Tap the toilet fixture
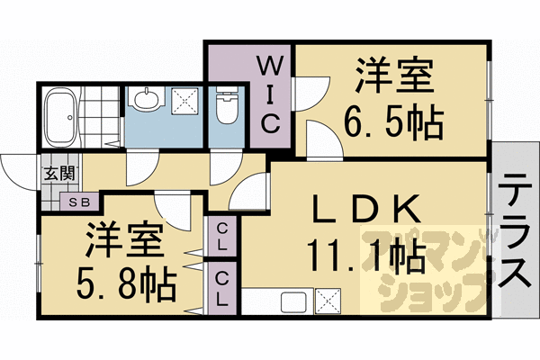pos(228,108)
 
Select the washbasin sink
pos(144,99)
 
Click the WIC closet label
pos(269,94)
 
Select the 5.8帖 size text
pos(125,285)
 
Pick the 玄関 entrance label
pos(51,173)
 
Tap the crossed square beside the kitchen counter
pos(327,301)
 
